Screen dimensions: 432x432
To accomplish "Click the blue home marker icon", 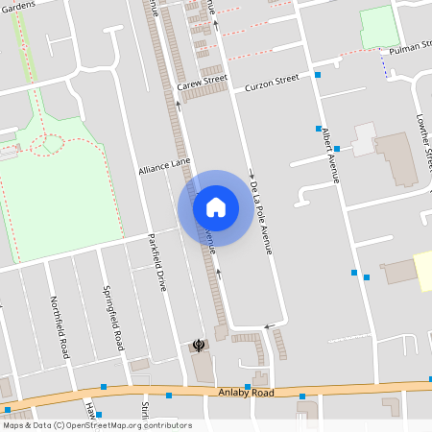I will click(216, 206).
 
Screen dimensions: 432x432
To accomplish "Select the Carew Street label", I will click(201, 84).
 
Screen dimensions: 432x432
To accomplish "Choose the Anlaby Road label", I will click(246, 393).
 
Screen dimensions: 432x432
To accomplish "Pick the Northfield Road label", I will click(60, 326).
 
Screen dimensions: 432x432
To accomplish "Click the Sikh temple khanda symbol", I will click(199, 345).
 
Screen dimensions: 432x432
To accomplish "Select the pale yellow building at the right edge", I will click(422, 270).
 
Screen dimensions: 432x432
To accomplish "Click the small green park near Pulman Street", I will click(378, 26).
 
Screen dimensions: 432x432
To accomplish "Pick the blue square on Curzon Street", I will click(317, 74).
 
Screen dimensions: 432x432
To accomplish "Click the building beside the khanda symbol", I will click(204, 365).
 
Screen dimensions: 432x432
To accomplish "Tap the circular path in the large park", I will click(47, 146).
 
